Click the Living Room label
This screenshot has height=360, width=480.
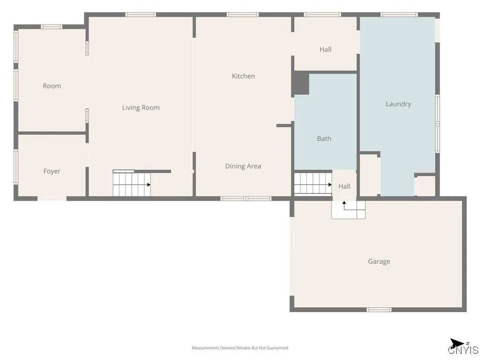tap(141, 108)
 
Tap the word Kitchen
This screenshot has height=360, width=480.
tap(243, 76)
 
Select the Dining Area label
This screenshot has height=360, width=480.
tap(243, 166)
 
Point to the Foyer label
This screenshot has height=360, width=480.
tap(52, 172)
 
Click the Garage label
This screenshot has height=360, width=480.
tap(379, 262)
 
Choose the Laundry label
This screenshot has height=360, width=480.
tap(398, 104)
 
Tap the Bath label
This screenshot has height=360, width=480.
tap(324, 139)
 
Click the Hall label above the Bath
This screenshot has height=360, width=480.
tap(325, 50)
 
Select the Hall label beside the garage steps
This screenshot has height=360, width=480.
tap(344, 187)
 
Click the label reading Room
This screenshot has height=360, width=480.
tap(52, 86)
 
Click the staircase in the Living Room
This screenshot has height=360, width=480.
tap(132, 184)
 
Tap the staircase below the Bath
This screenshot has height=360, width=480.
tap(313, 183)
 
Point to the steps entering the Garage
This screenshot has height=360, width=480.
tap(348, 210)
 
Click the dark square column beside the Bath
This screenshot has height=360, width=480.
tap(301, 83)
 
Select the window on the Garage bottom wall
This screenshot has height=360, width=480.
tap(379, 309)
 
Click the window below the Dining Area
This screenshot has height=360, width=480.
tap(246, 198)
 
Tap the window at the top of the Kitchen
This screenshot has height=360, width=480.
tap(242, 15)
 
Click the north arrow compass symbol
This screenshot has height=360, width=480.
tap(457, 343)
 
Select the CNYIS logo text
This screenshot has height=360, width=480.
tap(463, 351)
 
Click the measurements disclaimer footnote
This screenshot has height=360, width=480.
tap(240, 348)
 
